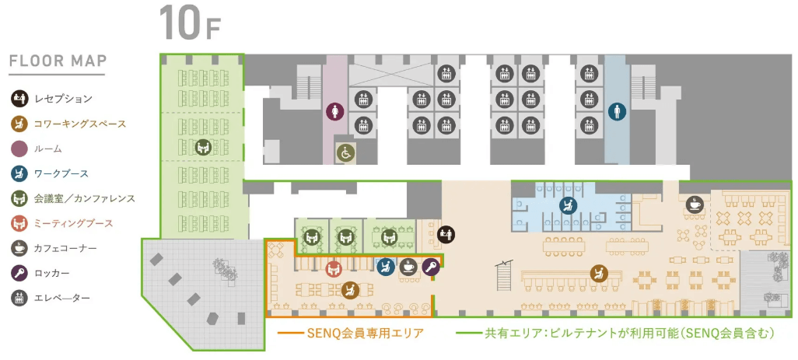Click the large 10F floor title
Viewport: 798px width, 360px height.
tap(190, 23)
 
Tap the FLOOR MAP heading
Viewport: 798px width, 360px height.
tap(58, 61)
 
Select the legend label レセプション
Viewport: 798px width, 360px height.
tap(63, 99)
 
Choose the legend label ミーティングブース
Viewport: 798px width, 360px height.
tap(74, 223)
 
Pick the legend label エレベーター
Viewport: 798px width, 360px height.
tap(63, 298)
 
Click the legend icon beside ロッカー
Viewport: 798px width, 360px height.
tap(18, 273)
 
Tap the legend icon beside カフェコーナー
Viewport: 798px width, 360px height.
tap(18, 248)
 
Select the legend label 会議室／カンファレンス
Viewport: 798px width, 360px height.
tap(84, 198)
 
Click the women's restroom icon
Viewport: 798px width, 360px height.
tap(334, 112)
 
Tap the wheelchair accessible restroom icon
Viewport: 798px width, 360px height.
tap(343, 153)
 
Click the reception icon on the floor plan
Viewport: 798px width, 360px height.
tap(446, 232)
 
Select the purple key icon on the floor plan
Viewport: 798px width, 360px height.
tap(430, 267)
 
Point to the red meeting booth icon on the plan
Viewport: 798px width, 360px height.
tap(334, 269)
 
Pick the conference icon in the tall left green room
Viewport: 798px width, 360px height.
tap(203, 146)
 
